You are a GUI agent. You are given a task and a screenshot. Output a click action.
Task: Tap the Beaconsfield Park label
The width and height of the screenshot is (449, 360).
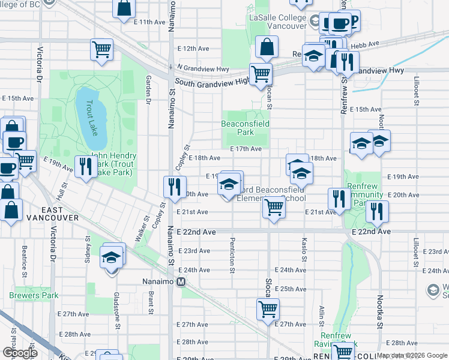(x=246, y=127)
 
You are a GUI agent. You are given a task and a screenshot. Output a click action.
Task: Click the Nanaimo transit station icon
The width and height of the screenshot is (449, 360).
(x=180, y=281)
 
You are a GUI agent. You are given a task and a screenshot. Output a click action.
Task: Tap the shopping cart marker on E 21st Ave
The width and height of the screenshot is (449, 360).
(x=274, y=208)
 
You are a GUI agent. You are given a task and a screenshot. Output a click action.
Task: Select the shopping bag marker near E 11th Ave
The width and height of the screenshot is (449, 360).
(x=124, y=9)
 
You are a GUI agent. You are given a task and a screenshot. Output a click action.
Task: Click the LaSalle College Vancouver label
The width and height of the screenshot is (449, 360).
(x=282, y=22)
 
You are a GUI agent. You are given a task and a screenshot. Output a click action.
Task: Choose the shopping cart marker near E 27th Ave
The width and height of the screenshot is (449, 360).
(x=268, y=310)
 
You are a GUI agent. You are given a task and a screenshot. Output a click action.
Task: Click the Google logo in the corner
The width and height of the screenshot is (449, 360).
(x=20, y=353)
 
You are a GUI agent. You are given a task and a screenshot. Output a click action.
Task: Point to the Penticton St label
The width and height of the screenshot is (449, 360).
(x=232, y=254)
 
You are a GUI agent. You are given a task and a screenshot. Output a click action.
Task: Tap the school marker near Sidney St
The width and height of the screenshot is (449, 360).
(x=111, y=258)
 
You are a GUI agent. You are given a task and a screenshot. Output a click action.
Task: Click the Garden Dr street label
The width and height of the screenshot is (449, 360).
(x=148, y=91)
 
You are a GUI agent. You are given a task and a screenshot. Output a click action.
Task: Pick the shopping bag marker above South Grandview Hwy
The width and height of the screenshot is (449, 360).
(x=266, y=46)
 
